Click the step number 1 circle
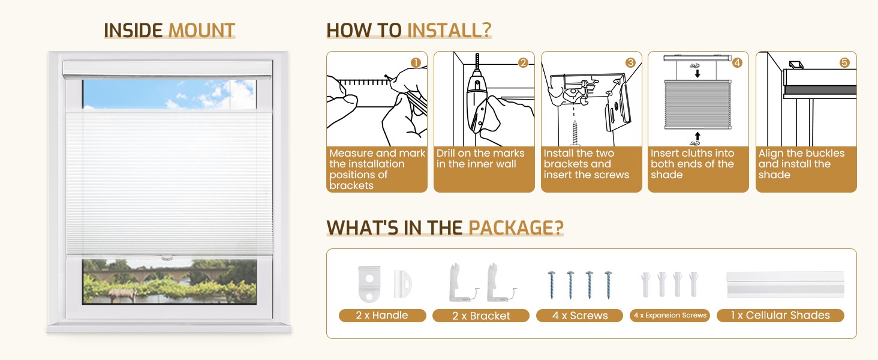pos(416,63)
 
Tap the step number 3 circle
pos(630,63)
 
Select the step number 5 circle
pos(844,63)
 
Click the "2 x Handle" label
pos(382,315)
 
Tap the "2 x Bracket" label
pos(481,316)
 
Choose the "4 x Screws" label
pos(579,316)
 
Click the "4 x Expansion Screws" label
pos(670,315)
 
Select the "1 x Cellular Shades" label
pos(780,315)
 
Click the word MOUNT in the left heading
pos(202,30)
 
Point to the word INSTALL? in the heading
pos(449,30)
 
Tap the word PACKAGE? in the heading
pos(516,227)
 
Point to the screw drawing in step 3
pos(575,133)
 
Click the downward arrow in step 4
pos(697,73)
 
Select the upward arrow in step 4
pos(697,136)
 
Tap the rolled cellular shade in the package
pos(785,285)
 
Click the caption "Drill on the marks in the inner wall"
pos(480,158)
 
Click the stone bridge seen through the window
pos(157,274)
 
